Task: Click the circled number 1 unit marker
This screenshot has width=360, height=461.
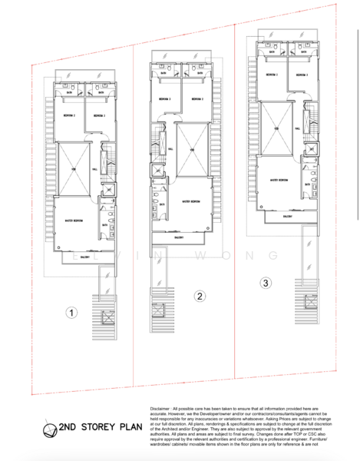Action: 71,313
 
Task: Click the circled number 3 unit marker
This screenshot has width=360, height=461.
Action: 265,283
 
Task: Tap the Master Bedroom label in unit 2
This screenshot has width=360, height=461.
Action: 191,201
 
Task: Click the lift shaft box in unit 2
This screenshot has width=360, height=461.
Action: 158,171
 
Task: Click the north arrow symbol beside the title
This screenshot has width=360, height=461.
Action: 49,429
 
